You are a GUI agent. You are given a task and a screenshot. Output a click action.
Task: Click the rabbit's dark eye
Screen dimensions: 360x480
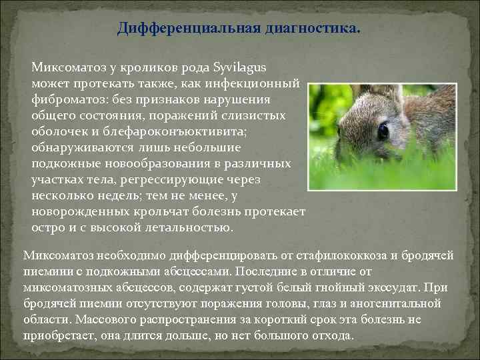[x=383, y=131]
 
